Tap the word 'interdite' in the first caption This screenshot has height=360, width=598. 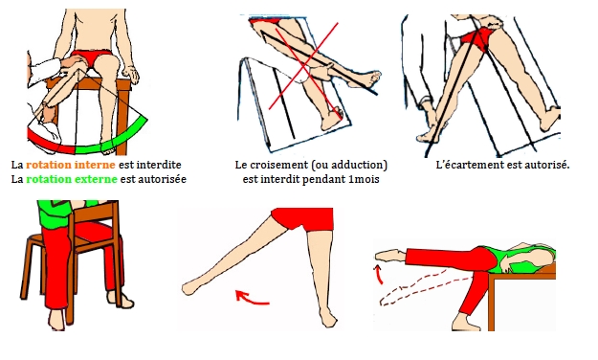click(x=159, y=165)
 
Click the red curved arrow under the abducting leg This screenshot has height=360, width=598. click(x=252, y=299)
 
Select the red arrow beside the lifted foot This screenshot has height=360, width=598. click(x=379, y=275)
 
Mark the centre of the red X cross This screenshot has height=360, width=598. click(x=303, y=66)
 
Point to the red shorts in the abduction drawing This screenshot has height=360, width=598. click(x=303, y=219)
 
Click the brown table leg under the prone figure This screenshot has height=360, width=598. click(x=491, y=304)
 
